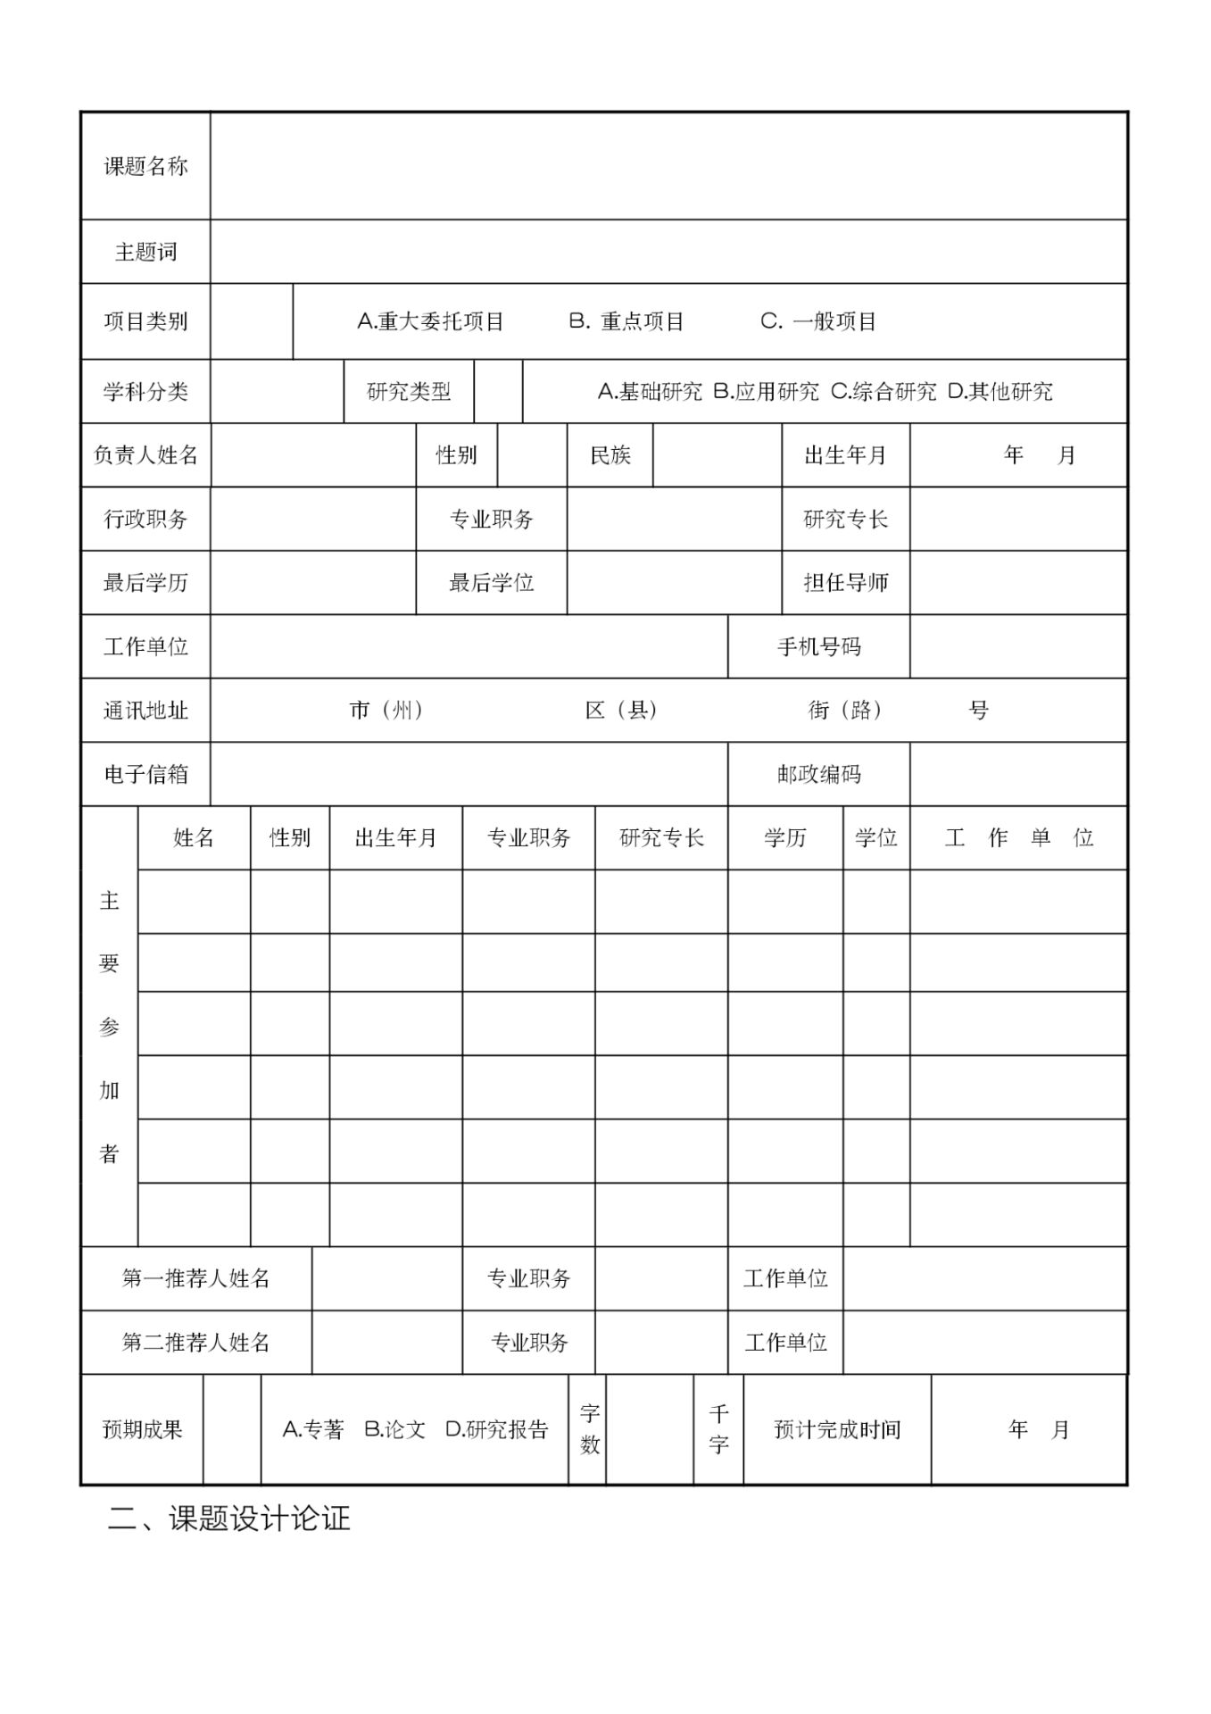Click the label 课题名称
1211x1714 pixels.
click(x=145, y=166)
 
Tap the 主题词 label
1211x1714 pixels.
click(x=145, y=252)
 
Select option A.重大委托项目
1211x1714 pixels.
click(x=430, y=321)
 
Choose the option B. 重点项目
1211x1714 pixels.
click(x=626, y=321)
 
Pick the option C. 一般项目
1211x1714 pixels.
click(x=818, y=321)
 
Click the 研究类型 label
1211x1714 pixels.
click(x=409, y=391)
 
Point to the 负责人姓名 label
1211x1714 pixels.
click(x=145, y=455)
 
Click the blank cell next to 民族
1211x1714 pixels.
click(x=717, y=455)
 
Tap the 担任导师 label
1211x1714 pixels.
click(x=845, y=583)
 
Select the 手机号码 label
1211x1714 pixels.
click(x=818, y=647)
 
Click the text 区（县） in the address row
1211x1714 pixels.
click(x=622, y=711)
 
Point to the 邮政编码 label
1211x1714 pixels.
click(x=818, y=775)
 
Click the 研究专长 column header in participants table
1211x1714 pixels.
click(x=661, y=838)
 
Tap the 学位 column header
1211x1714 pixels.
click(x=875, y=838)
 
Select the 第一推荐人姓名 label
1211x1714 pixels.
click(x=195, y=1278)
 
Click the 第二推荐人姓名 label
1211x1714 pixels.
click(x=195, y=1343)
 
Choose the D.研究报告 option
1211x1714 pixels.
click(x=496, y=1429)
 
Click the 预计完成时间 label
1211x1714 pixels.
click(x=837, y=1429)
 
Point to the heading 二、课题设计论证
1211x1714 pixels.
click(x=228, y=1518)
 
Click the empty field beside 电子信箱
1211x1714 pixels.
click(x=469, y=775)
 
